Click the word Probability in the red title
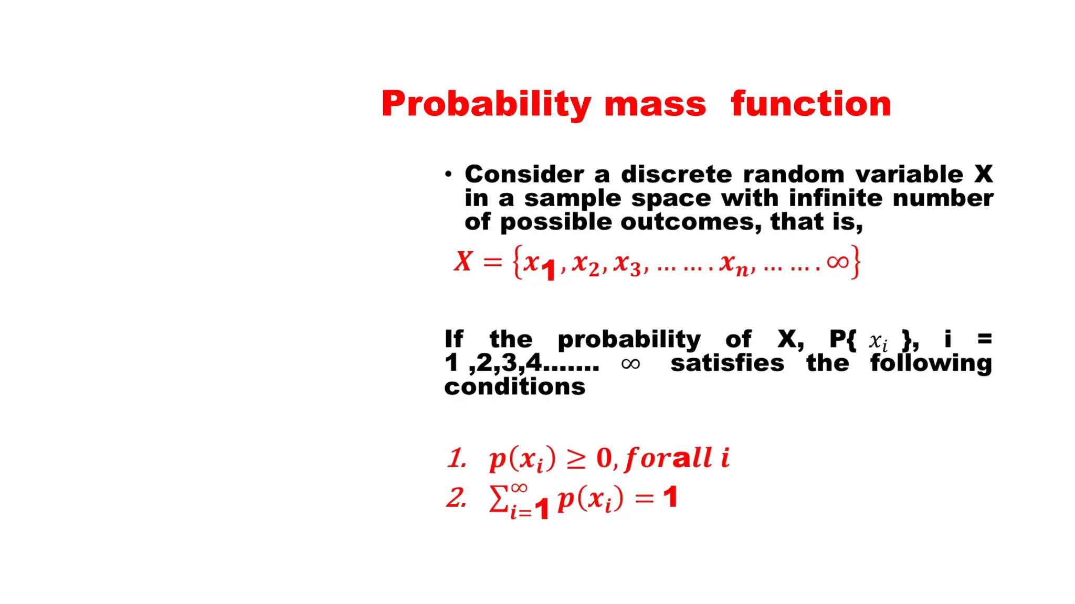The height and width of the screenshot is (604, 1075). [486, 104]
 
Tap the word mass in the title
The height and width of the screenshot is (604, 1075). [655, 104]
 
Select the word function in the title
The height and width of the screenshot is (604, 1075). [811, 103]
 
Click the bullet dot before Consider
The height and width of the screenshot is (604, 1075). [448, 174]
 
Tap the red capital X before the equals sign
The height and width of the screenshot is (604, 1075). [463, 261]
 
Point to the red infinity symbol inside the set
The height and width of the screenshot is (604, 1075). [837, 262]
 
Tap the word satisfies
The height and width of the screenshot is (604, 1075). [727, 363]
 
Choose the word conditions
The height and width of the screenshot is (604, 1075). [514, 387]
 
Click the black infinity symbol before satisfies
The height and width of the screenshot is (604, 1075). [630, 364]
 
